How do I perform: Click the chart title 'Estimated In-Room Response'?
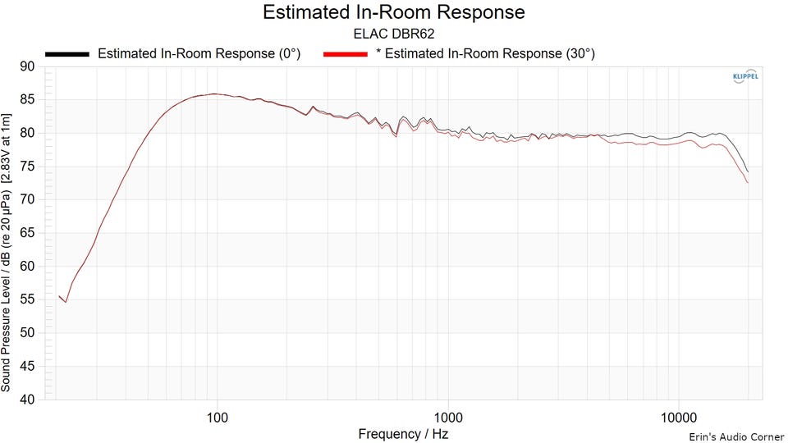point(393,12)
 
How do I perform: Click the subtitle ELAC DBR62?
point(393,34)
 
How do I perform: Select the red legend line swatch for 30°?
point(346,54)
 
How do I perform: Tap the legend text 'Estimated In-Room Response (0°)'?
point(199,54)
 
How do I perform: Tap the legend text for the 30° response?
point(485,54)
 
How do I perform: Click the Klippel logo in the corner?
point(744,77)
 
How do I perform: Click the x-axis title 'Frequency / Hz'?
point(404,433)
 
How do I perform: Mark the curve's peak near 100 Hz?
point(215,94)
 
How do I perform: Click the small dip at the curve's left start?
point(66,302)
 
